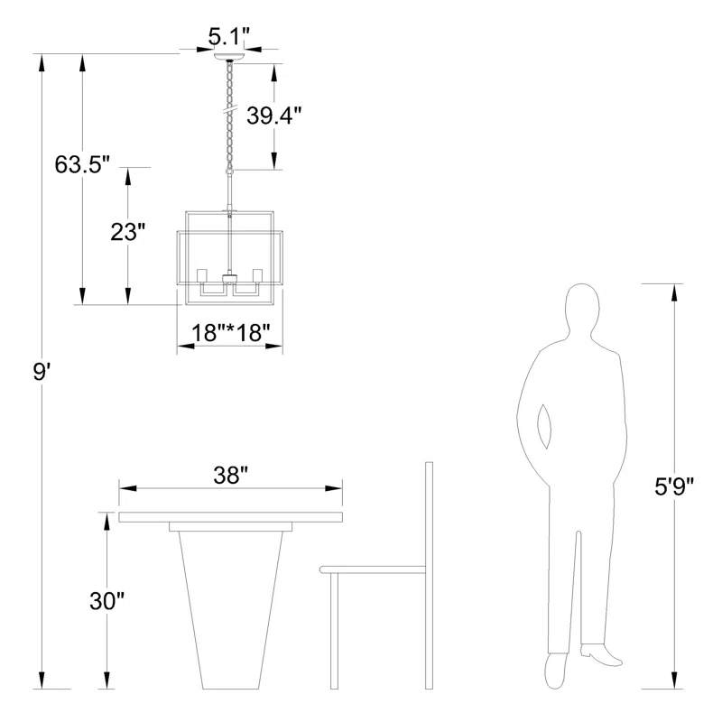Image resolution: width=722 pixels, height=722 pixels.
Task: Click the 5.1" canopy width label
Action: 229,37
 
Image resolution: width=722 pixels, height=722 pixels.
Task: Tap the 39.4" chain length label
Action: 274,116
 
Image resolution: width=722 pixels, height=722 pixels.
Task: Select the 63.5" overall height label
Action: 82,164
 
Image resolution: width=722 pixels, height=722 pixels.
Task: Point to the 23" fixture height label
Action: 127,232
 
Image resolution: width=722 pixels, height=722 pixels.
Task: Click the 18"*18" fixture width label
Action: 231,332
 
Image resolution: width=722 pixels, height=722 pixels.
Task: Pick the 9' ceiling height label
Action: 41,371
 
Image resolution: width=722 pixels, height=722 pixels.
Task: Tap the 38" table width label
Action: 231,475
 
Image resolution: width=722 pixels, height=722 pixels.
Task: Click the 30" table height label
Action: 106,601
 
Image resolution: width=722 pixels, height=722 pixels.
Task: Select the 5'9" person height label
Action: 674,486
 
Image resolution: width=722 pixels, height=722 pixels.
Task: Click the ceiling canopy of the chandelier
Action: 229,57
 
